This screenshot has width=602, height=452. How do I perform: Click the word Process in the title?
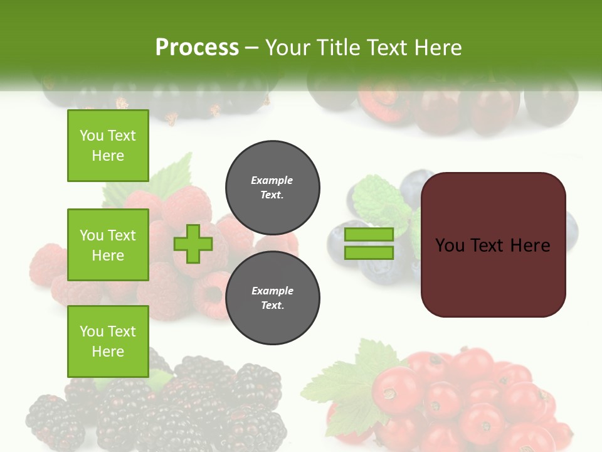197,48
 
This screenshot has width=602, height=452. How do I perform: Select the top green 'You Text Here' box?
108,146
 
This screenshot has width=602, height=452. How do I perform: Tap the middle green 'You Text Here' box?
108,245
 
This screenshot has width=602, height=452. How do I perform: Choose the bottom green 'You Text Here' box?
108,341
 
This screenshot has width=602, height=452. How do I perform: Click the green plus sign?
193,244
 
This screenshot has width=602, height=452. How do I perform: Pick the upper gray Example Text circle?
272,187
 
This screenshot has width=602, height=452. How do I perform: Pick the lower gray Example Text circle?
272,298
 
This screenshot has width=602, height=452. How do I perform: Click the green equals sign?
369,244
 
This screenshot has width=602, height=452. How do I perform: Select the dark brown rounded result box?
493,245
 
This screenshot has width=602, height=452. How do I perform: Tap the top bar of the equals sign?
369,235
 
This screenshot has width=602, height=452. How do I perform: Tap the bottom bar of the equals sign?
369,253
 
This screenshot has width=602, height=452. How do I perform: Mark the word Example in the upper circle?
272,180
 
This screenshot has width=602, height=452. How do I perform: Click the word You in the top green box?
92,136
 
